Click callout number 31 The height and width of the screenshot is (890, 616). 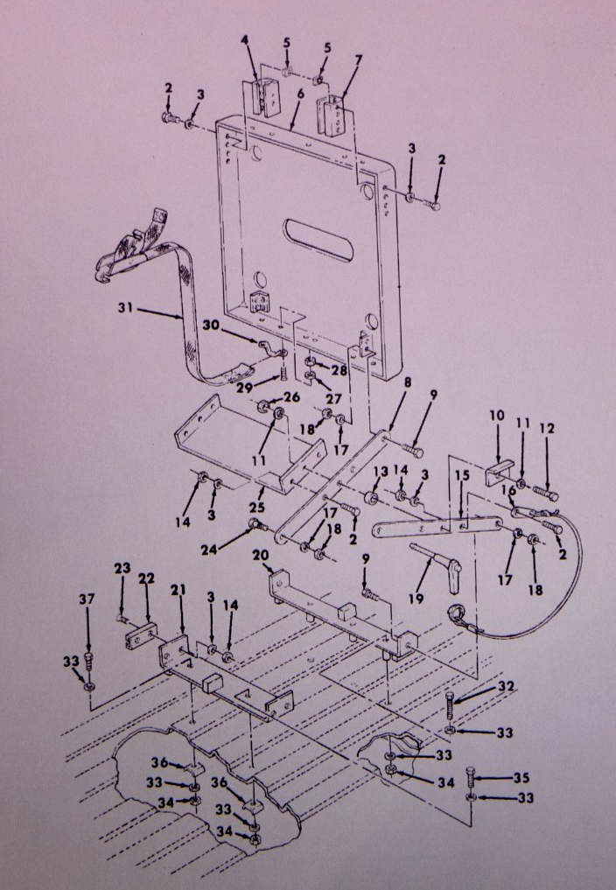(x=126, y=307)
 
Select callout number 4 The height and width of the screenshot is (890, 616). (x=245, y=40)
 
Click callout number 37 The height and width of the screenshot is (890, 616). (x=87, y=599)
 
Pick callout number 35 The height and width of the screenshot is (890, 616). (x=521, y=778)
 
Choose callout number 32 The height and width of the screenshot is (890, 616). (x=506, y=687)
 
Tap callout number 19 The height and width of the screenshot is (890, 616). (x=416, y=599)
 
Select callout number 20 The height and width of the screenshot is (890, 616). (x=261, y=555)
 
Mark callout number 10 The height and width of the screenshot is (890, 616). (x=497, y=416)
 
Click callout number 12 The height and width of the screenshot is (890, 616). (x=547, y=428)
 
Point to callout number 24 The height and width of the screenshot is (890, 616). (x=209, y=549)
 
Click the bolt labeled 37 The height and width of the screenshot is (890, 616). (x=88, y=662)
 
